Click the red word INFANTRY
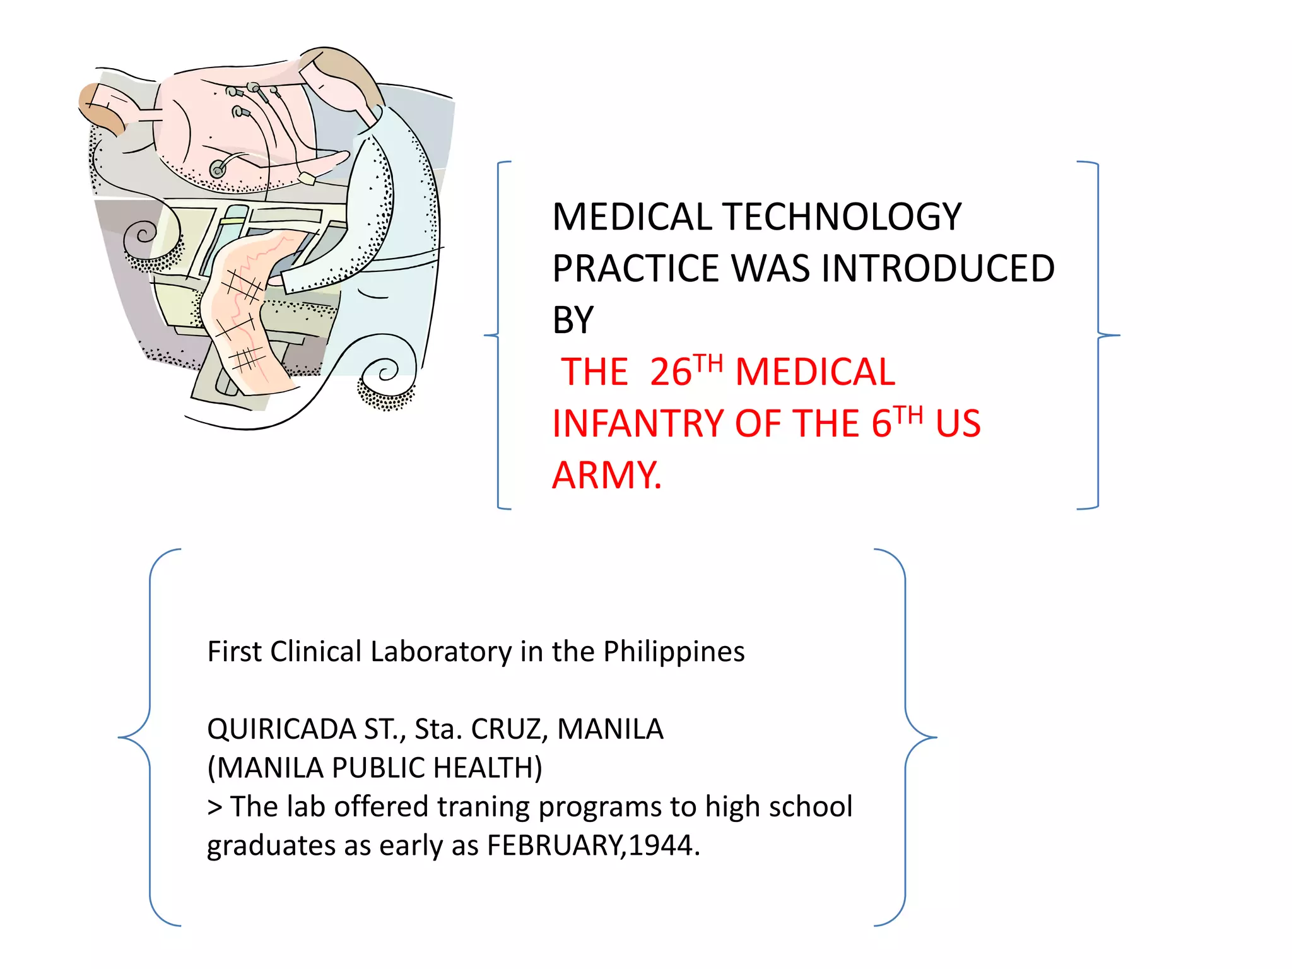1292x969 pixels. [638, 423]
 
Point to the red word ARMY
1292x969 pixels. [606, 475]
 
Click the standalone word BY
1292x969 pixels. [573, 320]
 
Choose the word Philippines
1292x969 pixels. [673, 652]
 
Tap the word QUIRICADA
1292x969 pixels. [281, 729]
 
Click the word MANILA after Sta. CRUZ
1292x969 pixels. [610, 729]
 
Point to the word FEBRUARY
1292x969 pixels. [554, 845]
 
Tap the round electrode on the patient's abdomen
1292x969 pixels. [218, 168]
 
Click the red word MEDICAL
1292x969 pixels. [814, 372]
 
